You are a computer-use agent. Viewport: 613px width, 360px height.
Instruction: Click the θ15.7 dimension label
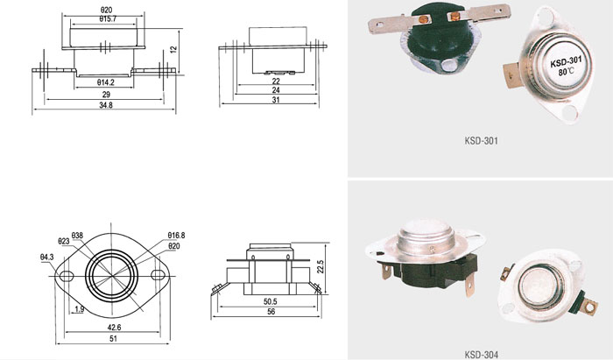point(108,18)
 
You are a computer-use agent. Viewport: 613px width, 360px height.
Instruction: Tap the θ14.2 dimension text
point(106,82)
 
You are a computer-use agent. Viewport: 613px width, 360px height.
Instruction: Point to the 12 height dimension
point(173,50)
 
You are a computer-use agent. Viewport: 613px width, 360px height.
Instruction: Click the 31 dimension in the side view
point(276,100)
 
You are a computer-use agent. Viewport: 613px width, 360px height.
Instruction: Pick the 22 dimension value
point(276,81)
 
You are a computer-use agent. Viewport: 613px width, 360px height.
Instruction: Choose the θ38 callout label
point(77,236)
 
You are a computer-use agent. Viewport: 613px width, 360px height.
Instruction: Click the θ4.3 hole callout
point(46,258)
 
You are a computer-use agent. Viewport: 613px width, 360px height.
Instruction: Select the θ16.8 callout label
point(176,236)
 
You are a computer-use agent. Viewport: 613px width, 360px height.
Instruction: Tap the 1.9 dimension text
point(79,309)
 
